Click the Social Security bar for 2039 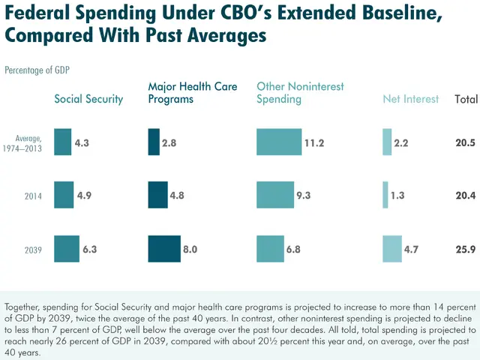tap(66, 249)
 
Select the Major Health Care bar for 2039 tap(164, 249)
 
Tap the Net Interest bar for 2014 tap(385, 195)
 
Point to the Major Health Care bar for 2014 tap(157, 195)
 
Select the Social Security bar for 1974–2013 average tap(62, 142)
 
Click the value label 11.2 tap(314, 142)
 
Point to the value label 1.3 tap(397, 195)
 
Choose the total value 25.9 tap(465, 249)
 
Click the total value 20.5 tap(465, 142)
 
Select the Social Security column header tap(88, 99)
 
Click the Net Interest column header tap(410, 99)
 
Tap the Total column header tap(466, 99)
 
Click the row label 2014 tap(33, 196)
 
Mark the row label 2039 tap(33, 250)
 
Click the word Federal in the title tap(42, 13)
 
